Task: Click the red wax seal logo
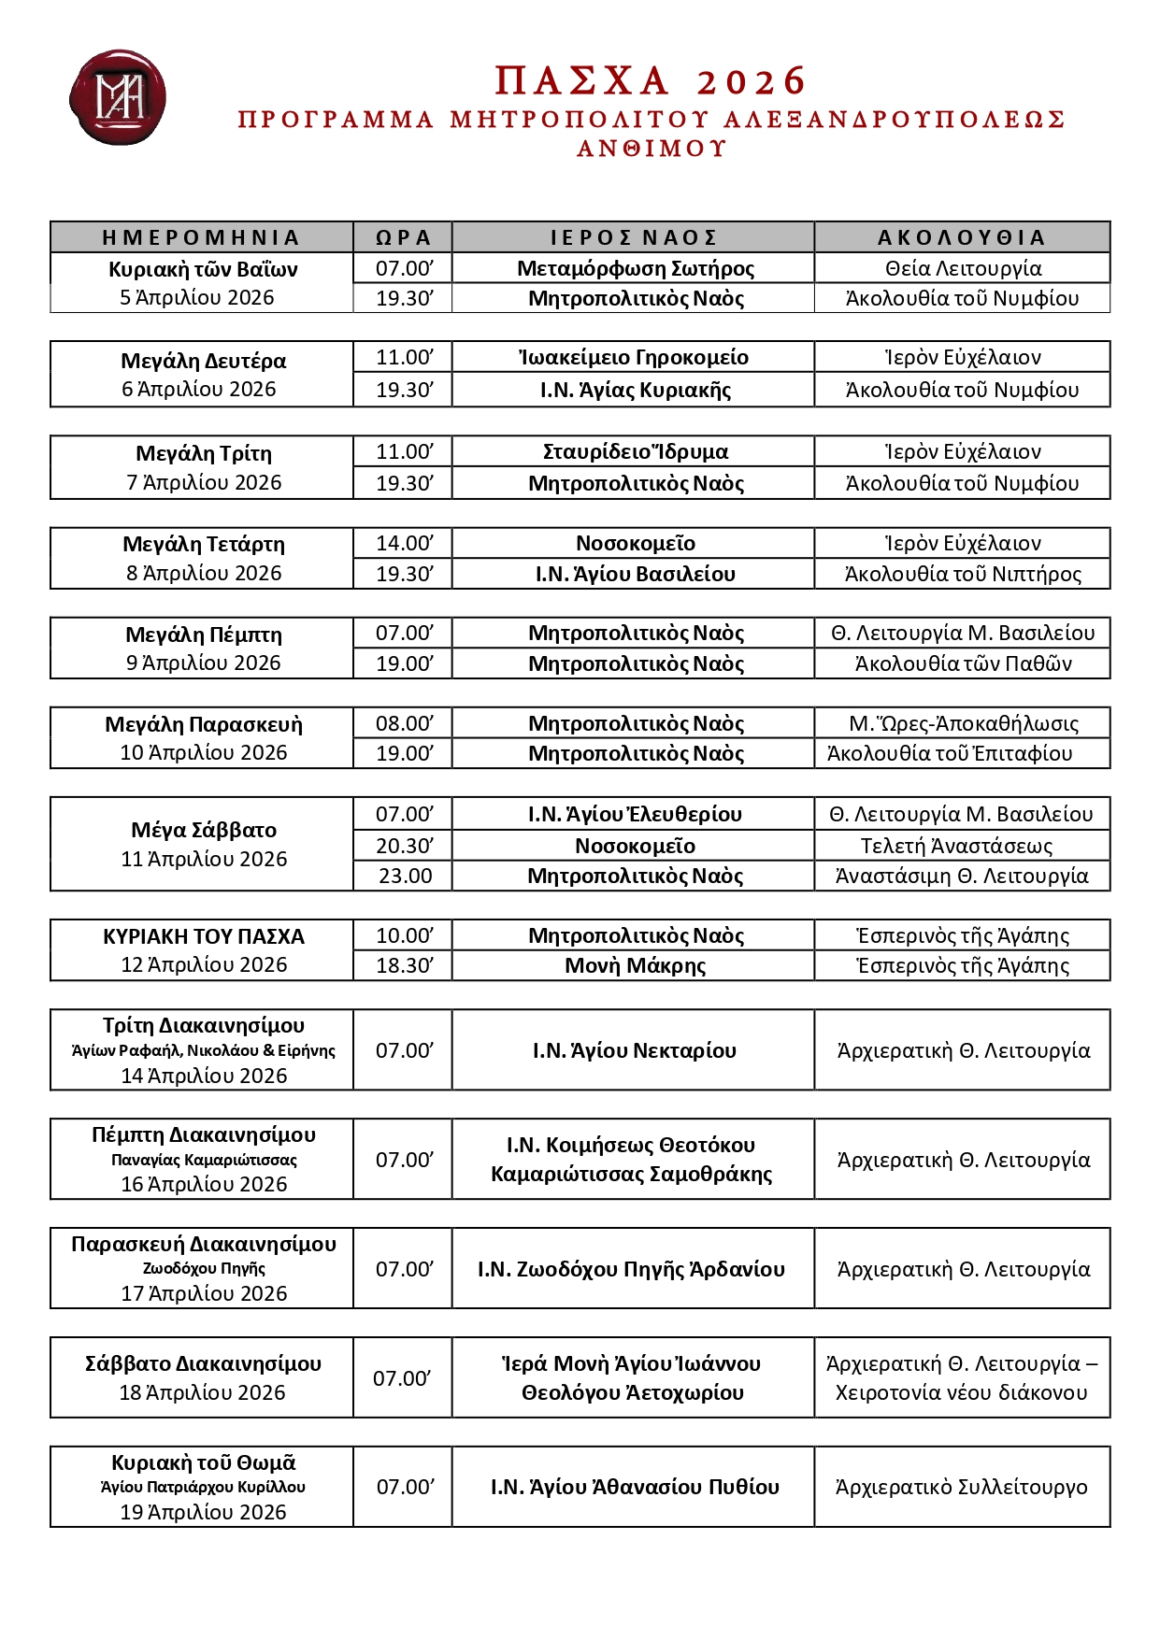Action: (118, 97)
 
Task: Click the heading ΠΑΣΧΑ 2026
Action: (650, 81)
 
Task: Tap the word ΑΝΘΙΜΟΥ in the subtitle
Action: (652, 149)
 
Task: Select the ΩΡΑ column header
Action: (403, 237)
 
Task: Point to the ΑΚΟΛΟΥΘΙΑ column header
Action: (961, 237)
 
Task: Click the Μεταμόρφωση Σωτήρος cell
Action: (635, 269)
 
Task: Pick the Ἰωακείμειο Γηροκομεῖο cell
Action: (635, 357)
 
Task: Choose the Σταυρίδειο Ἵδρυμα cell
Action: (635, 452)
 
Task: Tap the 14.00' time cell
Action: (404, 543)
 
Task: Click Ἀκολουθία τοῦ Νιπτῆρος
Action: (962, 574)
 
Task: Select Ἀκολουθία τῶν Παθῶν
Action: (962, 663)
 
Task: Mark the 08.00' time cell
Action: (404, 723)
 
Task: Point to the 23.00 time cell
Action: (405, 876)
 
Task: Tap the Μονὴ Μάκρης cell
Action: (635, 965)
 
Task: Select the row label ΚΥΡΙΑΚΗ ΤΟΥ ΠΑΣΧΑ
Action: (204, 936)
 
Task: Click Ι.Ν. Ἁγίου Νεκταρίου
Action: (634, 1050)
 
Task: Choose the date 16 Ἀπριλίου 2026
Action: (204, 1184)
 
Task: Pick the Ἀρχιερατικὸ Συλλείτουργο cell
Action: (961, 1487)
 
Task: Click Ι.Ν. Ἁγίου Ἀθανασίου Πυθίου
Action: (635, 1487)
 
